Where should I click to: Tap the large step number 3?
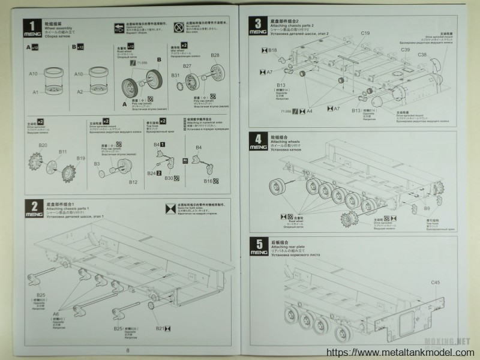point(257,24)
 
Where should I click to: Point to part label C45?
point(434,282)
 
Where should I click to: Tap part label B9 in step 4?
point(427,208)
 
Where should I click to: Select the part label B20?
point(43,145)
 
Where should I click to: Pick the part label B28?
point(215,56)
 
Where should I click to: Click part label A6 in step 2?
point(56,313)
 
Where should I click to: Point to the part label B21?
point(160,328)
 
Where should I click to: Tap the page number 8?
point(127,352)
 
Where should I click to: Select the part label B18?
point(273,50)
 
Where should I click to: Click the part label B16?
point(208,181)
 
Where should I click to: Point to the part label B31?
point(175,76)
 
